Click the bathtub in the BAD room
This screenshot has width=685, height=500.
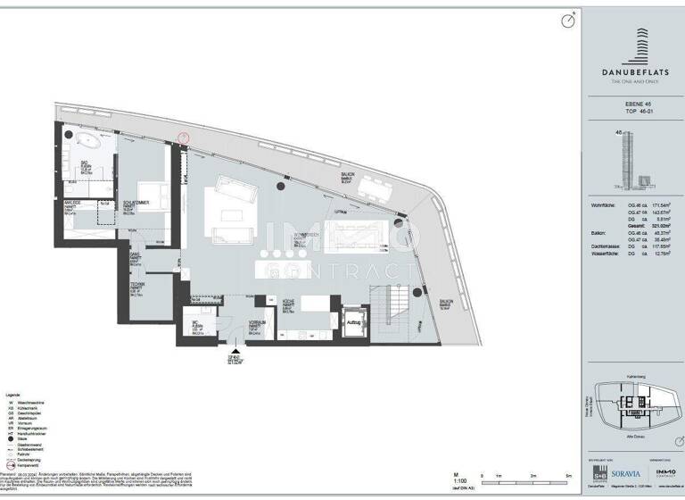coord(87,140)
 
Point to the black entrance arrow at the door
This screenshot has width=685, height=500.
coord(235,353)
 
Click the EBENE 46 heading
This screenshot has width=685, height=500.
coord(628,105)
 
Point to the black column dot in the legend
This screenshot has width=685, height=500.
coord(12,438)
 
